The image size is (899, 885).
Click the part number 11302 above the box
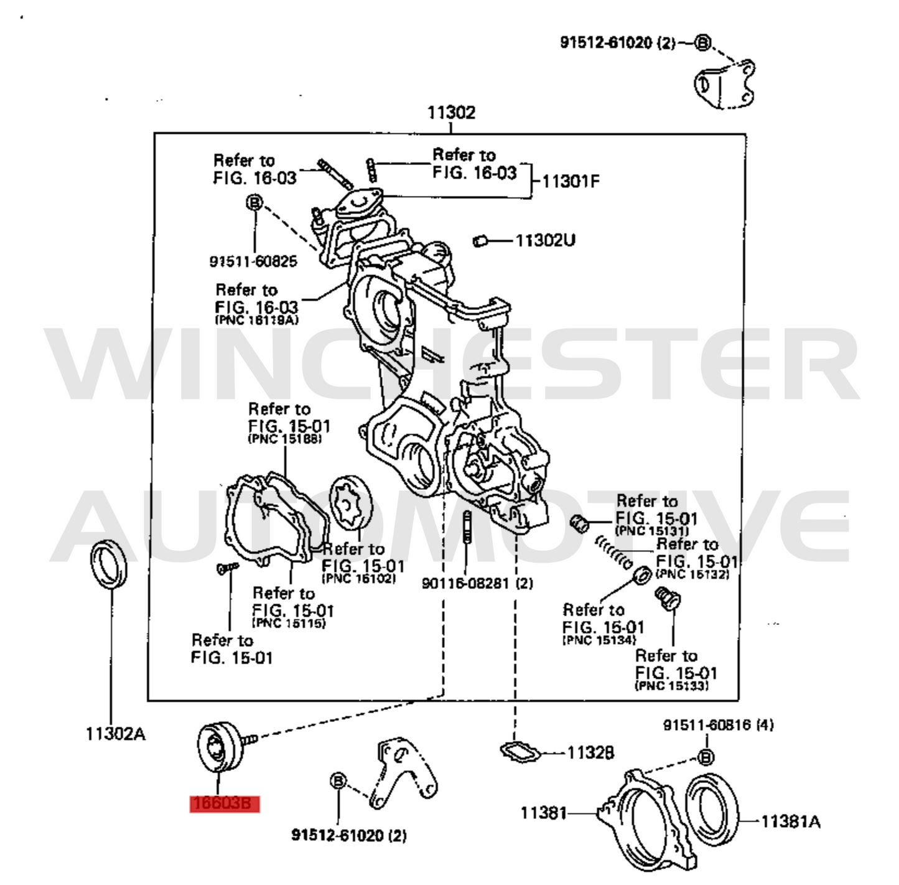(450, 113)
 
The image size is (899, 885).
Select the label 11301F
(571, 182)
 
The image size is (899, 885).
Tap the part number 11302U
(545, 240)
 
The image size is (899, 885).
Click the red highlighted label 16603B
(223, 803)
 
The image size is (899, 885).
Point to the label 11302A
(116, 734)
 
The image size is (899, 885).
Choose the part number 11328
(590, 753)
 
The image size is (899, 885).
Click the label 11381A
(790, 822)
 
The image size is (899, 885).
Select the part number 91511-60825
(253, 261)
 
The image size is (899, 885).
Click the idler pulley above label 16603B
(217, 746)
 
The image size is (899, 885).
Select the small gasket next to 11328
(520, 751)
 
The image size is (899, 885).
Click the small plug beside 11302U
(480, 240)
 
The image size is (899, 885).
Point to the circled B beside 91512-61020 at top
(702, 43)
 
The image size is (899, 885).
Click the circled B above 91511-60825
(254, 203)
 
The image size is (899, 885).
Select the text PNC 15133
(671, 686)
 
